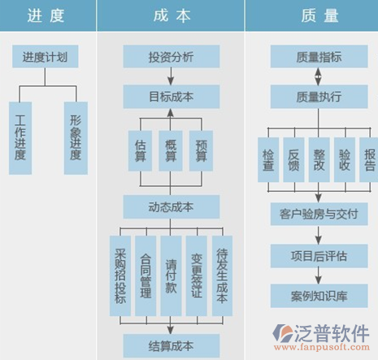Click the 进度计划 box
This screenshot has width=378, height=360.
pyautogui.click(x=46, y=56)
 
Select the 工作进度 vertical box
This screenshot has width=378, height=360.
pyautogui.click(x=20, y=138)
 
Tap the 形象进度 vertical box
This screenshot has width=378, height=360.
pyautogui.click(x=76, y=138)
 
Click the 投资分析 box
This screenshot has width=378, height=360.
pyautogui.click(x=172, y=56)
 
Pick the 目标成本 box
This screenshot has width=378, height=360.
pyautogui.click(x=172, y=97)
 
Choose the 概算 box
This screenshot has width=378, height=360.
pyautogui.click(x=171, y=151)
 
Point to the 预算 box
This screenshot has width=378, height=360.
pyautogui.click(x=201, y=151)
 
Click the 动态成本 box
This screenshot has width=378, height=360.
pyautogui.click(x=172, y=207)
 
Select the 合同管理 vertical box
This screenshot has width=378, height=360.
pyautogui.click(x=146, y=275)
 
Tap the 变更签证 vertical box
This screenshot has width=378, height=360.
pyautogui.click(x=197, y=275)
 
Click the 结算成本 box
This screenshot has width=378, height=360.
pyautogui.click(x=172, y=346)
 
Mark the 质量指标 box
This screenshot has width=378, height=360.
pyautogui.click(x=319, y=56)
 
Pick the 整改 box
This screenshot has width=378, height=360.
pyautogui.click(x=319, y=159)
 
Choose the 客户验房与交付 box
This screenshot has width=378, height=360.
pyautogui.click(x=319, y=214)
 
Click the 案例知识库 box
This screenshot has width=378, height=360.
pyautogui.click(x=319, y=296)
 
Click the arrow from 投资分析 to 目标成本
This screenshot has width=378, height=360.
pyautogui.click(x=171, y=76)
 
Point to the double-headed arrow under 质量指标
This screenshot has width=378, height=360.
pyautogui.click(x=319, y=76)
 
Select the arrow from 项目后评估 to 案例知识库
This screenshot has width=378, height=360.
pyautogui.click(x=319, y=275)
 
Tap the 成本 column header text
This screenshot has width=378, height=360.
pyautogui.click(x=172, y=15)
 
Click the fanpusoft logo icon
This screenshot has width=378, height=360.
pyautogui.click(x=282, y=333)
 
